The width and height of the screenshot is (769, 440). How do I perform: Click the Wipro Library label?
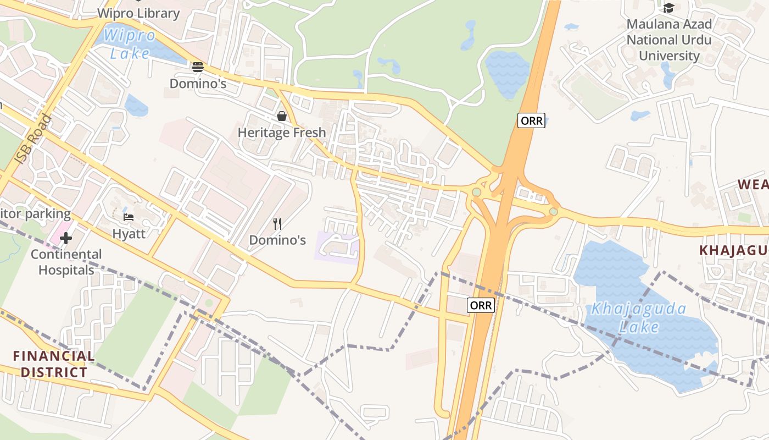point(138,13)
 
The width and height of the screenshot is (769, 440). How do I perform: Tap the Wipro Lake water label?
point(130,45)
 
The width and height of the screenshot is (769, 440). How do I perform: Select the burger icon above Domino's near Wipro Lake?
point(198,67)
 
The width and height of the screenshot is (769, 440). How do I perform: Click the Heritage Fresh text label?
point(281,133)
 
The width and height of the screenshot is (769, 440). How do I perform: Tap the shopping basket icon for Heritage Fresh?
point(282,116)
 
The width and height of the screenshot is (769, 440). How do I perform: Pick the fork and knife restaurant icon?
point(277,223)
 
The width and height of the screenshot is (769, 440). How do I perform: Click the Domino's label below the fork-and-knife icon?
point(277,240)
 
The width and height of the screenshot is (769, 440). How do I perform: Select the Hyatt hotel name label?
point(129,233)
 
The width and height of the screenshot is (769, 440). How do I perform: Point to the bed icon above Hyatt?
point(129,217)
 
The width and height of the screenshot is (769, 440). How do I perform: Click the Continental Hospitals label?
point(66,262)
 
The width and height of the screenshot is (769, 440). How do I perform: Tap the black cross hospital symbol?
point(66,238)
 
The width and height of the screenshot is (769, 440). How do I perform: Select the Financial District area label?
point(54,364)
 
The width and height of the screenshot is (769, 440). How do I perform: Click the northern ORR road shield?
point(531,120)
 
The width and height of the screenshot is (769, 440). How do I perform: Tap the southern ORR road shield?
point(481,305)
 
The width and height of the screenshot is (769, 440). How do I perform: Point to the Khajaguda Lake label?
point(638,317)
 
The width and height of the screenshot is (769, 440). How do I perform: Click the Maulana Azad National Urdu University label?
point(669,40)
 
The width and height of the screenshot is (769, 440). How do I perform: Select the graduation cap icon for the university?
point(668,8)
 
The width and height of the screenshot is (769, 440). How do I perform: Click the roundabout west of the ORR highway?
point(476,192)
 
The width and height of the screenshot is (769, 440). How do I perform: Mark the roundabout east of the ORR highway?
point(554,212)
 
